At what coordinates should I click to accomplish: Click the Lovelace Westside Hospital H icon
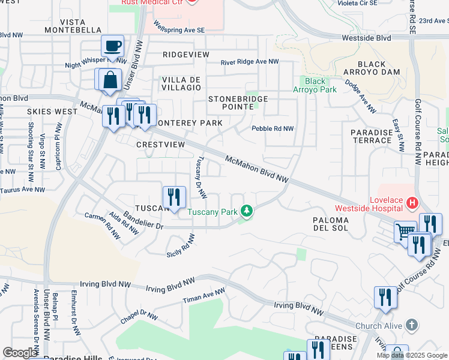click(x=412, y=203)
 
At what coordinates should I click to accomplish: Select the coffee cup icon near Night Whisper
click(x=112, y=46)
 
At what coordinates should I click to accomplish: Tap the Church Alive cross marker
click(x=411, y=325)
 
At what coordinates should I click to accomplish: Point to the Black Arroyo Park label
click(x=315, y=85)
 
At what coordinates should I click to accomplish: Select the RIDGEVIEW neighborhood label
click(x=186, y=55)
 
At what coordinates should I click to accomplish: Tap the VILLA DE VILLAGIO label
click(x=181, y=83)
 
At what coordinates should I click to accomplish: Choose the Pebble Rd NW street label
click(x=273, y=128)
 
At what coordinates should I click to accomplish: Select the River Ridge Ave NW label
click(x=250, y=62)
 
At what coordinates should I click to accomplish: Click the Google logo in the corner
click(x=20, y=353)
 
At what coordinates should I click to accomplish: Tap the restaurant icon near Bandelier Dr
click(x=172, y=197)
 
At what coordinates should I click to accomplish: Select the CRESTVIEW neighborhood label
click(x=160, y=145)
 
